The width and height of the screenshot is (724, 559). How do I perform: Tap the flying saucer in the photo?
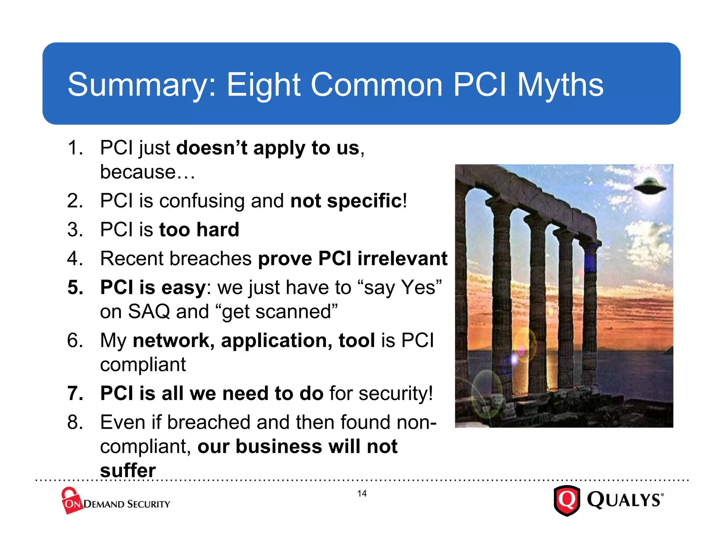[650, 185]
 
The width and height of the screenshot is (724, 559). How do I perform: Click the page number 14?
[362, 494]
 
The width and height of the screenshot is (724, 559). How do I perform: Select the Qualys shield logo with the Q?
[567, 501]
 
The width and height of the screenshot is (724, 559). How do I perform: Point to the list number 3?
[75, 230]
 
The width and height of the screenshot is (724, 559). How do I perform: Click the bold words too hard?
[199, 230]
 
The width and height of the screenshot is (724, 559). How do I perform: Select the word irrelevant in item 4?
[402, 258]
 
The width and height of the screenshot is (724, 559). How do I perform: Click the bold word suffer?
[128, 470]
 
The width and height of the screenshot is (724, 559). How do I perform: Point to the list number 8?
[75, 422]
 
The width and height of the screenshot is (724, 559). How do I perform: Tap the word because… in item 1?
[147, 172]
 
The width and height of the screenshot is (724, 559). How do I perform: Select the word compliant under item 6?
[142, 365]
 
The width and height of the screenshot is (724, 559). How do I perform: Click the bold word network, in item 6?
[173, 340]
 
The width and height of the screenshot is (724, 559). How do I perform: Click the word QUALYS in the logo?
[624, 500]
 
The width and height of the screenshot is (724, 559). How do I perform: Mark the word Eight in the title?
[263, 85]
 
